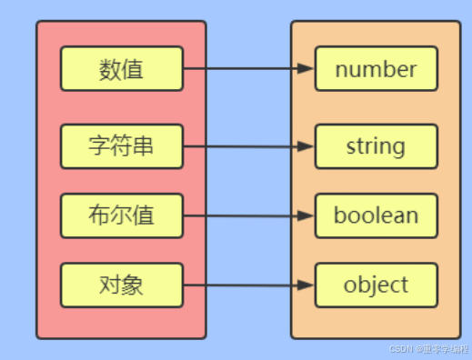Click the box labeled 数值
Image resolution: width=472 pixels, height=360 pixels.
click(122, 69)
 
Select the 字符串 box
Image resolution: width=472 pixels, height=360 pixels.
click(122, 146)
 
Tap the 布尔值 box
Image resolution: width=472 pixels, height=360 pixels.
click(122, 215)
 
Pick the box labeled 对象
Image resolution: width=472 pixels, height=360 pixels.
click(122, 285)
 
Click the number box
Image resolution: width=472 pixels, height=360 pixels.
click(376, 69)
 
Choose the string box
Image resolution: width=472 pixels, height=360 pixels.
click(376, 145)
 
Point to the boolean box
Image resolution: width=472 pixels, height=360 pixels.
click(376, 215)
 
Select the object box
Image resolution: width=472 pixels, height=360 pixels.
click(376, 285)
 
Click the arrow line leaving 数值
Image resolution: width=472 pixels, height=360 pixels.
click(241, 69)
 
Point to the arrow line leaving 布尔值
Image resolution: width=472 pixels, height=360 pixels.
click(241, 216)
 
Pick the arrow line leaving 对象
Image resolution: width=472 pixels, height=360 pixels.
click(241, 285)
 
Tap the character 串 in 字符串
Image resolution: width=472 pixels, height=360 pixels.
click(144, 146)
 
